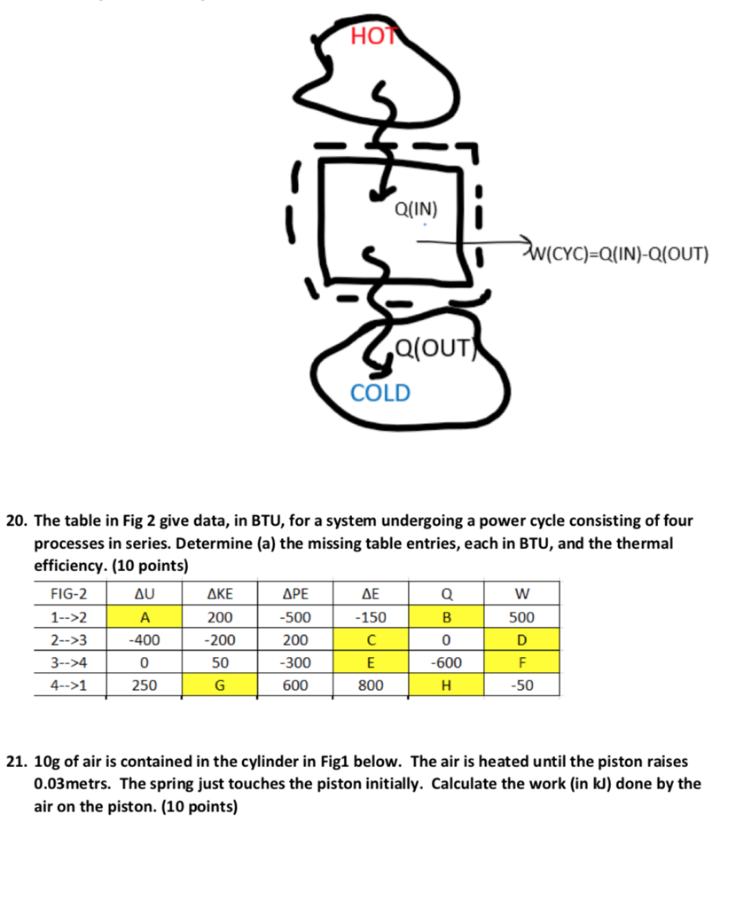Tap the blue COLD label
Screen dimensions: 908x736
pos(380,392)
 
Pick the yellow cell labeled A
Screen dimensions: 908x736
pos(143,617)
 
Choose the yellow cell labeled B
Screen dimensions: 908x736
pos(447,617)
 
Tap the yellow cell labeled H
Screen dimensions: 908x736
pos(447,685)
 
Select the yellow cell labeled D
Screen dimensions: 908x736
pos(521,640)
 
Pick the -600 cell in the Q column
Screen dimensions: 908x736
pos(447,662)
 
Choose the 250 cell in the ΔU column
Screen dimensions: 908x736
pos(143,685)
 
